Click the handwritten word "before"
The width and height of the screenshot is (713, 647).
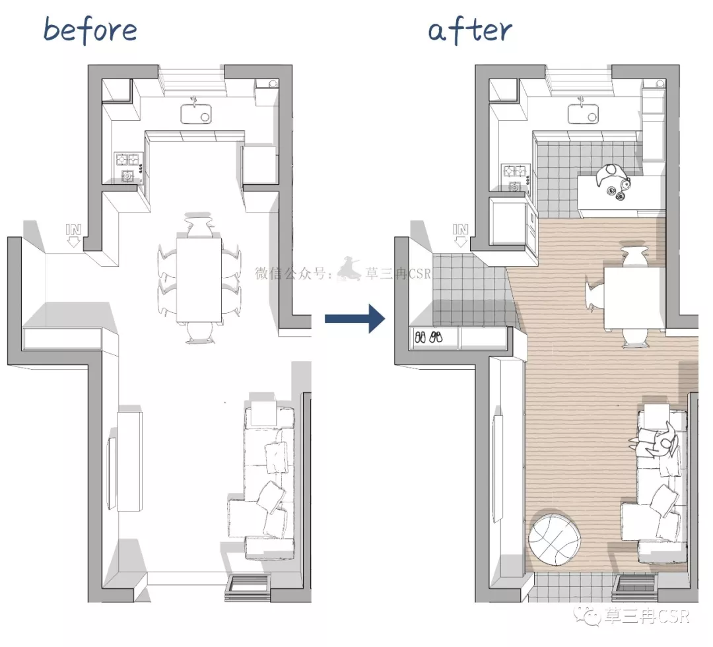pyautogui.click(x=90, y=30)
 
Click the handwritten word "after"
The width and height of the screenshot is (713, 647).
pyautogui.click(x=470, y=31)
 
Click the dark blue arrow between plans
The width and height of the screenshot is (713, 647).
pyautogui.click(x=355, y=318)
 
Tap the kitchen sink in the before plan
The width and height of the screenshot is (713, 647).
pyautogui.click(x=196, y=113)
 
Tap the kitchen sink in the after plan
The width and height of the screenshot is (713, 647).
pyautogui.click(x=584, y=113)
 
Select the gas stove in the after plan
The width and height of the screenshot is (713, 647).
pyautogui.click(x=515, y=176)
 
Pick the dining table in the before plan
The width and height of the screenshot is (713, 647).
pyautogui.click(x=199, y=279)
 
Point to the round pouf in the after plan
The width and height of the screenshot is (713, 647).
pyautogui.click(x=555, y=539)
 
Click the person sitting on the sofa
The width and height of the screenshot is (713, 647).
pyautogui.click(x=655, y=440)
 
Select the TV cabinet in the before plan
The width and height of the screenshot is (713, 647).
pyautogui.click(x=129, y=461)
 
